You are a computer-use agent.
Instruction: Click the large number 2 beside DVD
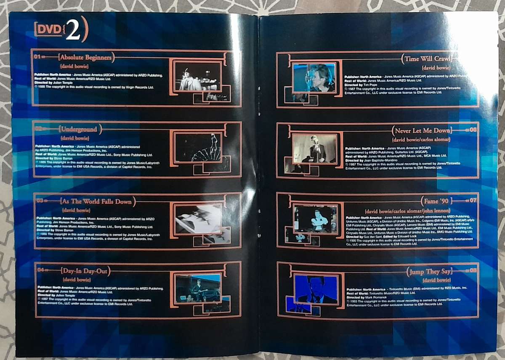(x=73, y=31)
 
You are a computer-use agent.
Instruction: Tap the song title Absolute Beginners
(x=86, y=57)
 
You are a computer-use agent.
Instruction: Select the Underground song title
(x=79, y=129)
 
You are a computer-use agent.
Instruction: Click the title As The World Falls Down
(x=96, y=201)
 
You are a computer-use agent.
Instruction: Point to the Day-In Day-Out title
(x=85, y=270)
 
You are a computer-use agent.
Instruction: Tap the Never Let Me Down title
(x=423, y=130)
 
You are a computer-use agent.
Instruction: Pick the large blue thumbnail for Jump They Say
(x=316, y=289)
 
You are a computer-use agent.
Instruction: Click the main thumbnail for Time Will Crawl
(x=314, y=77)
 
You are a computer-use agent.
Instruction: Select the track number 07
(x=473, y=200)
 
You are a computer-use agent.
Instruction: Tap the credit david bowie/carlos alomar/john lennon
(x=408, y=210)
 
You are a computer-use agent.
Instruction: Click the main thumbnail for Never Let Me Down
(x=315, y=148)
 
